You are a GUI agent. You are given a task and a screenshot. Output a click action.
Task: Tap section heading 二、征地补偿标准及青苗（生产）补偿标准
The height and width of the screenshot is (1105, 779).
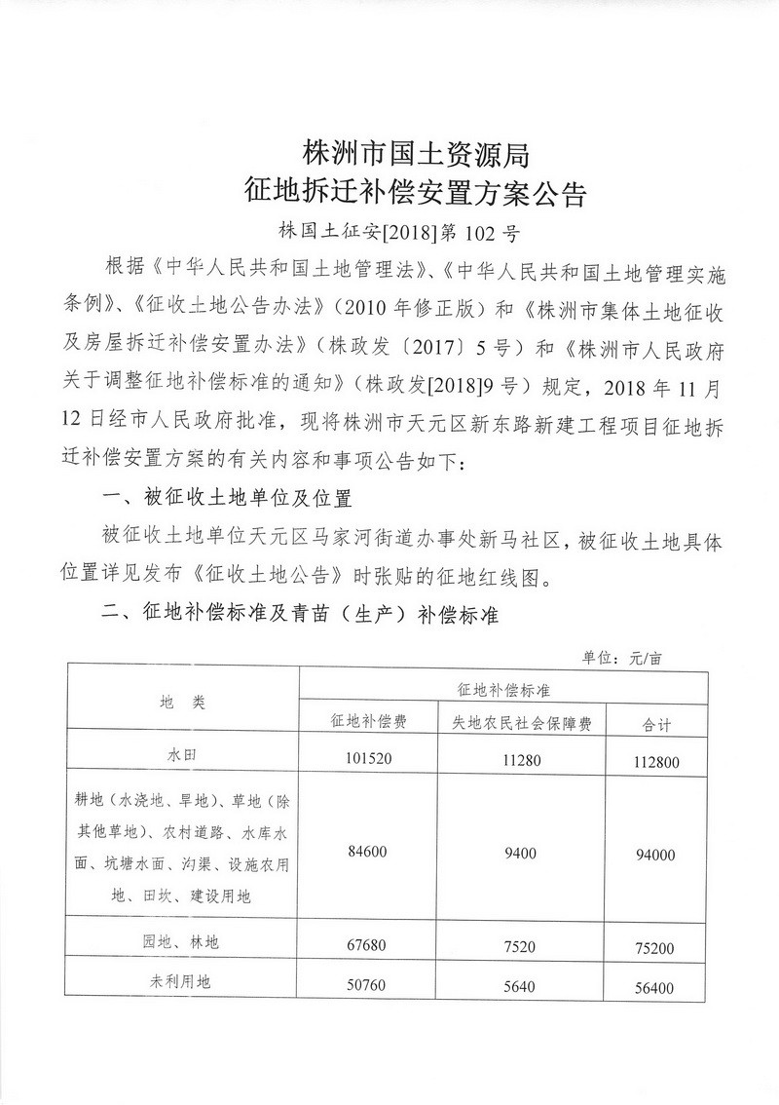[x=301, y=615]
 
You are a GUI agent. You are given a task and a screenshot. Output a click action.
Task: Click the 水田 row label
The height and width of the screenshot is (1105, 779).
[x=182, y=754]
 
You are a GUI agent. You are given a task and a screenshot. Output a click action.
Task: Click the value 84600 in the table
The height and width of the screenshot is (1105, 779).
[x=366, y=851]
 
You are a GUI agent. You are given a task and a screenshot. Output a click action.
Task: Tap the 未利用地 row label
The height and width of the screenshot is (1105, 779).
[x=182, y=982]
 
